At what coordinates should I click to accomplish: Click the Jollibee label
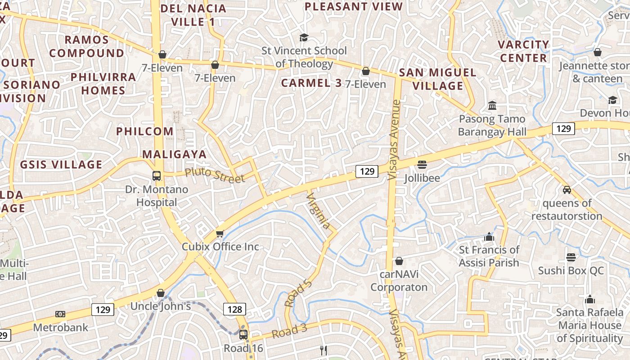(422, 178)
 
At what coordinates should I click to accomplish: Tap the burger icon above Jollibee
(422, 165)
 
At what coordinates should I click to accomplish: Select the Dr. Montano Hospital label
(157, 196)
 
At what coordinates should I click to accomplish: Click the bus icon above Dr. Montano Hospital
(157, 176)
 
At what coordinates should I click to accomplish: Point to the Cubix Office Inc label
(220, 247)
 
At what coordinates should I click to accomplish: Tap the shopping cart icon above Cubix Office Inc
(220, 233)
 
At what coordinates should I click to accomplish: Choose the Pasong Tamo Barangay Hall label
(492, 126)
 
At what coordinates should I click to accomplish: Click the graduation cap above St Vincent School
(304, 38)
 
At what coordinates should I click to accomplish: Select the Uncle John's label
(161, 306)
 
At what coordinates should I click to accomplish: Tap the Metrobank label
(60, 327)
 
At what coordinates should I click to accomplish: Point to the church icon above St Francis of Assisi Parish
(489, 237)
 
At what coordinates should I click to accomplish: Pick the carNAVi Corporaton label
(399, 280)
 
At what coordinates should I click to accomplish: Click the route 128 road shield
(234, 309)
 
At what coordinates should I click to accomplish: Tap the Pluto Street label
(215, 175)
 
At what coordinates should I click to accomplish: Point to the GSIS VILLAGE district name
(61, 165)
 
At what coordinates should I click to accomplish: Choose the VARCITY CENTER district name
(523, 51)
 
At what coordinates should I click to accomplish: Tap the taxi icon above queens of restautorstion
(567, 190)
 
